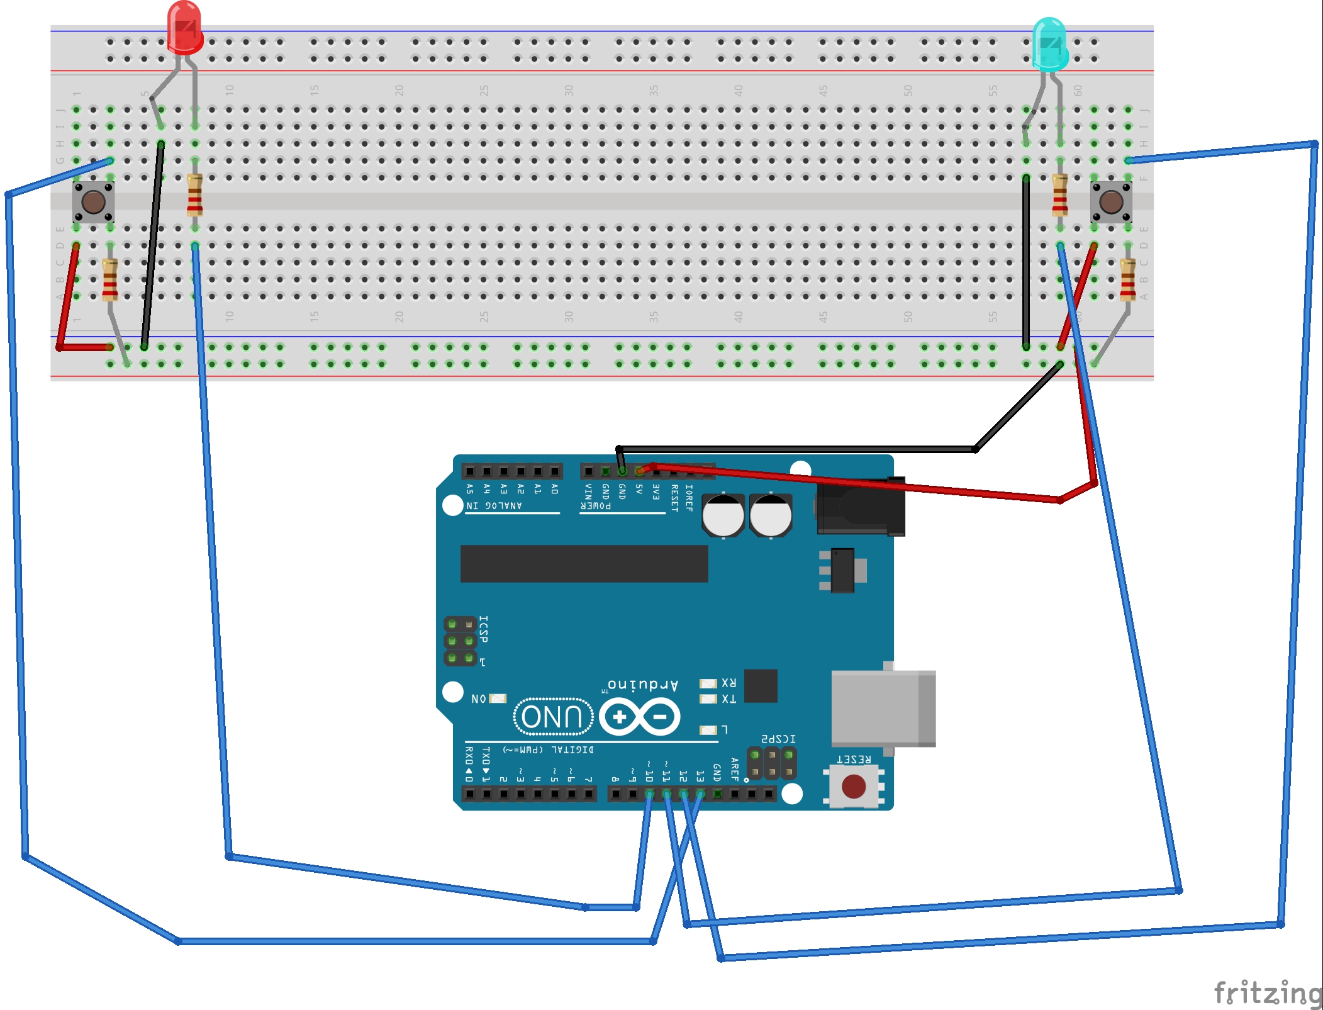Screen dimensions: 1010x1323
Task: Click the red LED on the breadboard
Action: tap(184, 28)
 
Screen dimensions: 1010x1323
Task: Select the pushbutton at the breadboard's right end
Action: tap(1110, 202)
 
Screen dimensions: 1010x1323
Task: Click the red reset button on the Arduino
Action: tap(853, 787)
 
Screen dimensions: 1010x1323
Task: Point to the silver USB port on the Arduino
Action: tap(883, 709)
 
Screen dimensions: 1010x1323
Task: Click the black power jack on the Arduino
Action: tap(861, 507)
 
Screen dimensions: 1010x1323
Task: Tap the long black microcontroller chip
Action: tap(584, 563)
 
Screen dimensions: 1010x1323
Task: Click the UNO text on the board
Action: tap(552, 717)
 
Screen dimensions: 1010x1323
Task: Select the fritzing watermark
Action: tap(1267, 992)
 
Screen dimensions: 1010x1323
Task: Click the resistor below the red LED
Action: tap(195, 196)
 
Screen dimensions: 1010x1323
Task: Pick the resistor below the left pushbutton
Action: tap(110, 279)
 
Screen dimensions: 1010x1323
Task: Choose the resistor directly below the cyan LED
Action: tap(1060, 195)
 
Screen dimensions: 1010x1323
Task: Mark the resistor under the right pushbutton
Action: tap(1127, 279)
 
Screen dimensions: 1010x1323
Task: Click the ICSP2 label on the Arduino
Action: tap(778, 739)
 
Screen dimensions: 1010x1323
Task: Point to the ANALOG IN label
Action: tap(494, 506)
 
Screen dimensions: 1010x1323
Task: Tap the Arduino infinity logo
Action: tap(639, 717)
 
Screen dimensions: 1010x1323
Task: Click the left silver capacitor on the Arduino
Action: tap(723, 515)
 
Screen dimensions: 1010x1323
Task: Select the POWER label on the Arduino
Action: tap(595, 506)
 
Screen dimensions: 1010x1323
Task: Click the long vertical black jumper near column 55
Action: tap(1026, 261)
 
